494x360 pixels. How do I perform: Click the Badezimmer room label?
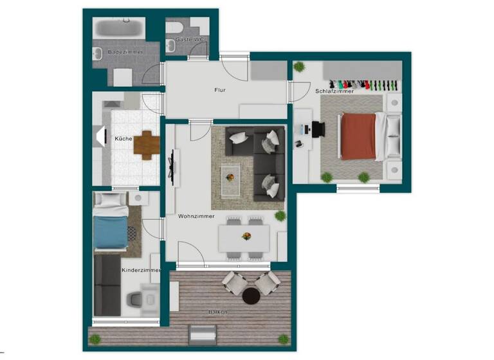(x=125, y=51)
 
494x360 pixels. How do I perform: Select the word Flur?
(x=220, y=90)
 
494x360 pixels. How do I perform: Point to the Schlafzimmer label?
(x=334, y=91)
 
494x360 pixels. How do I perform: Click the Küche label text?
(x=123, y=139)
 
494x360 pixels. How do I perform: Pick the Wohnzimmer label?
(x=196, y=216)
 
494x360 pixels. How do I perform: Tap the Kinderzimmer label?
(x=140, y=270)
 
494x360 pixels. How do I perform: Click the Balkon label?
(x=217, y=312)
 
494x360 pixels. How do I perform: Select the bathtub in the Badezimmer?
(x=119, y=28)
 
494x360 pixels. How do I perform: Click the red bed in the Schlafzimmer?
(x=358, y=136)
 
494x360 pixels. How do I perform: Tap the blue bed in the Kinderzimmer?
(x=110, y=231)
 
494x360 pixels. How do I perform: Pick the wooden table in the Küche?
(x=147, y=145)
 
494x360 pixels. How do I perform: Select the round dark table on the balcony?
(x=251, y=296)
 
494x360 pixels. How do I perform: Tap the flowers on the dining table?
(x=246, y=237)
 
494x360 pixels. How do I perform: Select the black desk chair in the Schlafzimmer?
(x=319, y=130)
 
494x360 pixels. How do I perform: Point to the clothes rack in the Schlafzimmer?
(x=363, y=84)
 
